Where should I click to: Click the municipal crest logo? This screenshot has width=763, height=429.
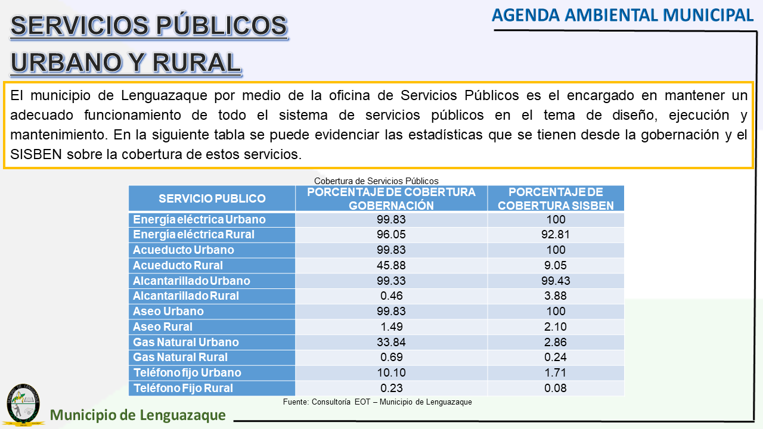(x=24, y=405)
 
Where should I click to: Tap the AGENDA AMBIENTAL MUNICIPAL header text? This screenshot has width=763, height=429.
(x=622, y=15)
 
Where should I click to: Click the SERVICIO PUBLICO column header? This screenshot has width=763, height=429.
(x=212, y=198)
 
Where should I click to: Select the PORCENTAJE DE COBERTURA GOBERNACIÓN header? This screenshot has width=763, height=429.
(x=391, y=198)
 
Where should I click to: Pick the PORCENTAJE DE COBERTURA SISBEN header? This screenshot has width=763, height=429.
(x=556, y=198)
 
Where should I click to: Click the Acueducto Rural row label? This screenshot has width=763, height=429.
(x=178, y=265)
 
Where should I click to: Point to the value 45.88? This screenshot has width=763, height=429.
(x=391, y=265)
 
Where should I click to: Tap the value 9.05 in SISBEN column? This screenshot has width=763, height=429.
(x=556, y=265)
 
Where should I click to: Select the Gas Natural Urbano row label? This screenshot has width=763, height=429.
(x=185, y=342)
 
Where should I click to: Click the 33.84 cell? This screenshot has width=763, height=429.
(x=391, y=342)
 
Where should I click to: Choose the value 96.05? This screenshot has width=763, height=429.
(x=391, y=234)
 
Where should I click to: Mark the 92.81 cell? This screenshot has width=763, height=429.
(x=556, y=234)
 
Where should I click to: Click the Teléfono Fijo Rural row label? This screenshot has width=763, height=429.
(x=182, y=388)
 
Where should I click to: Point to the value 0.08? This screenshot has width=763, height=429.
(x=556, y=388)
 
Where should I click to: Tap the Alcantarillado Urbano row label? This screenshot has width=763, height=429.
(x=191, y=281)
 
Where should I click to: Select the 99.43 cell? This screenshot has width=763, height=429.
(x=556, y=281)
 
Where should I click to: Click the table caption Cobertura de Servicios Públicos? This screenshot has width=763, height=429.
(x=376, y=181)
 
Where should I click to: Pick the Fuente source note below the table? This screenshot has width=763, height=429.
(x=377, y=402)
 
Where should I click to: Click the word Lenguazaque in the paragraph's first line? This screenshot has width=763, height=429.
(x=157, y=95)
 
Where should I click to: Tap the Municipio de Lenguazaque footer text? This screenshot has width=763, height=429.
(x=138, y=415)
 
